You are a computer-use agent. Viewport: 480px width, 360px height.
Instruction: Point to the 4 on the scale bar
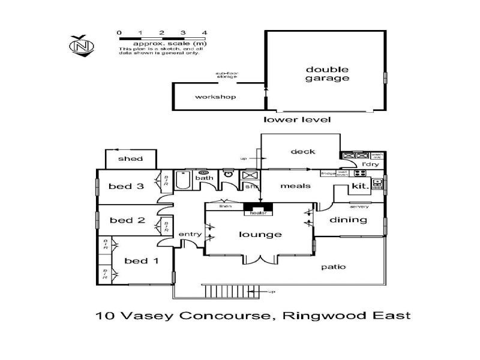coord(205,32)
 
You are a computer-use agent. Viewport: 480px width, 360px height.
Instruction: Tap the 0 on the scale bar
coord(119,32)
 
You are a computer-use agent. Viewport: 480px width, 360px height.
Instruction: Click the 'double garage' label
coord(327,73)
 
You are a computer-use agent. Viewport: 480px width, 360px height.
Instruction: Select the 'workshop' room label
coord(215,97)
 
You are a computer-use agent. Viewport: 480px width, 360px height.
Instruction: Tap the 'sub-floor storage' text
coord(227,75)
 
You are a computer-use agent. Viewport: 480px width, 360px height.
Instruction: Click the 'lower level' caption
coord(298,119)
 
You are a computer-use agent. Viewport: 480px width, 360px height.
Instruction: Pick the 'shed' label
coord(130,158)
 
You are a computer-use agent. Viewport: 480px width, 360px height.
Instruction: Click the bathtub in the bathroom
coord(184,179)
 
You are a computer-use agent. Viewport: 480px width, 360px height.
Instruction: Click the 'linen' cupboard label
coord(226,206)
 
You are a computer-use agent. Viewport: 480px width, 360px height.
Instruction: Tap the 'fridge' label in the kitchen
coord(328,173)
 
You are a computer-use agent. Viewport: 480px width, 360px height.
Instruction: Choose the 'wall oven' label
coord(343,173)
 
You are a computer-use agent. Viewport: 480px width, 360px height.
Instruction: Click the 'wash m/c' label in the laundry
coord(377,155)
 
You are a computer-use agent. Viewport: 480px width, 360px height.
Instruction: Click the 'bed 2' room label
coord(127,220)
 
